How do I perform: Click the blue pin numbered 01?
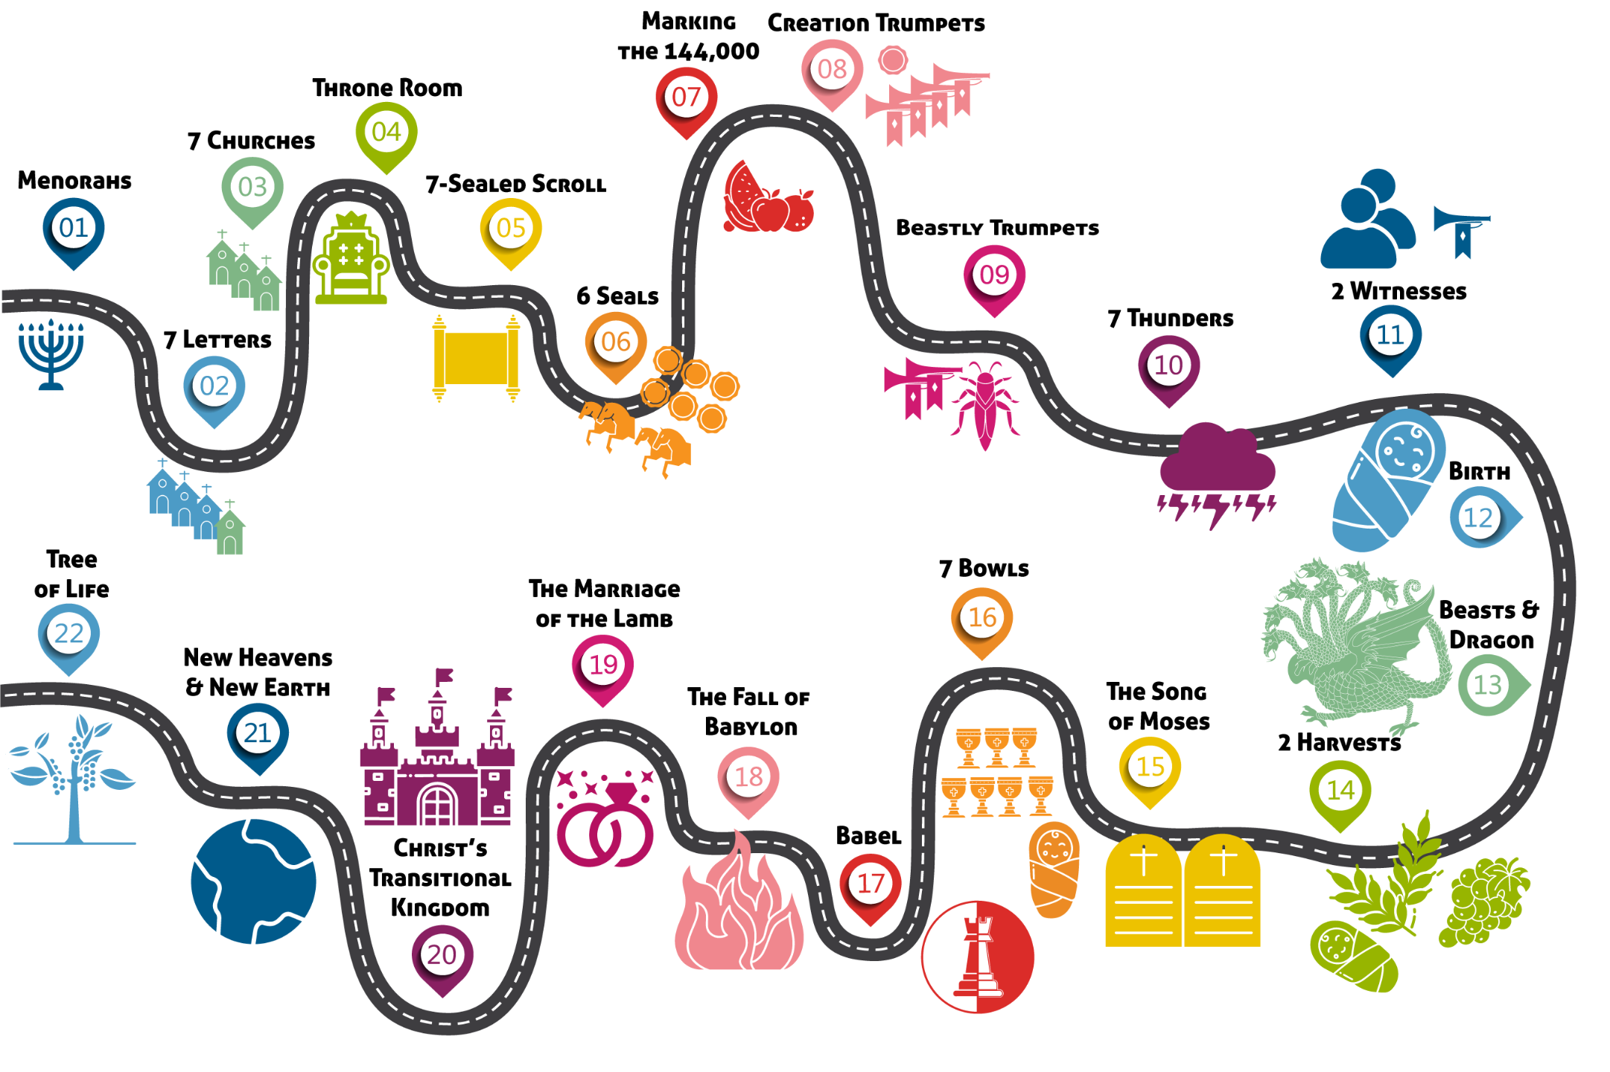(73, 229)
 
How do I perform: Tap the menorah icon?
(51, 354)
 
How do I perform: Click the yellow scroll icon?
(475, 358)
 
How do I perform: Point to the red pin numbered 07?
(686, 98)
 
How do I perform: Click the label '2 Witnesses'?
(1399, 291)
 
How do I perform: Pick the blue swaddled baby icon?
(1388, 479)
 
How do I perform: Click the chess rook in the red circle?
(978, 957)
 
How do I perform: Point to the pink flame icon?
(739, 908)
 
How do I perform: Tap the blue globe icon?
(253, 881)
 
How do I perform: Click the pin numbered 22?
(69, 634)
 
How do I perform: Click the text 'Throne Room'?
(387, 88)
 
